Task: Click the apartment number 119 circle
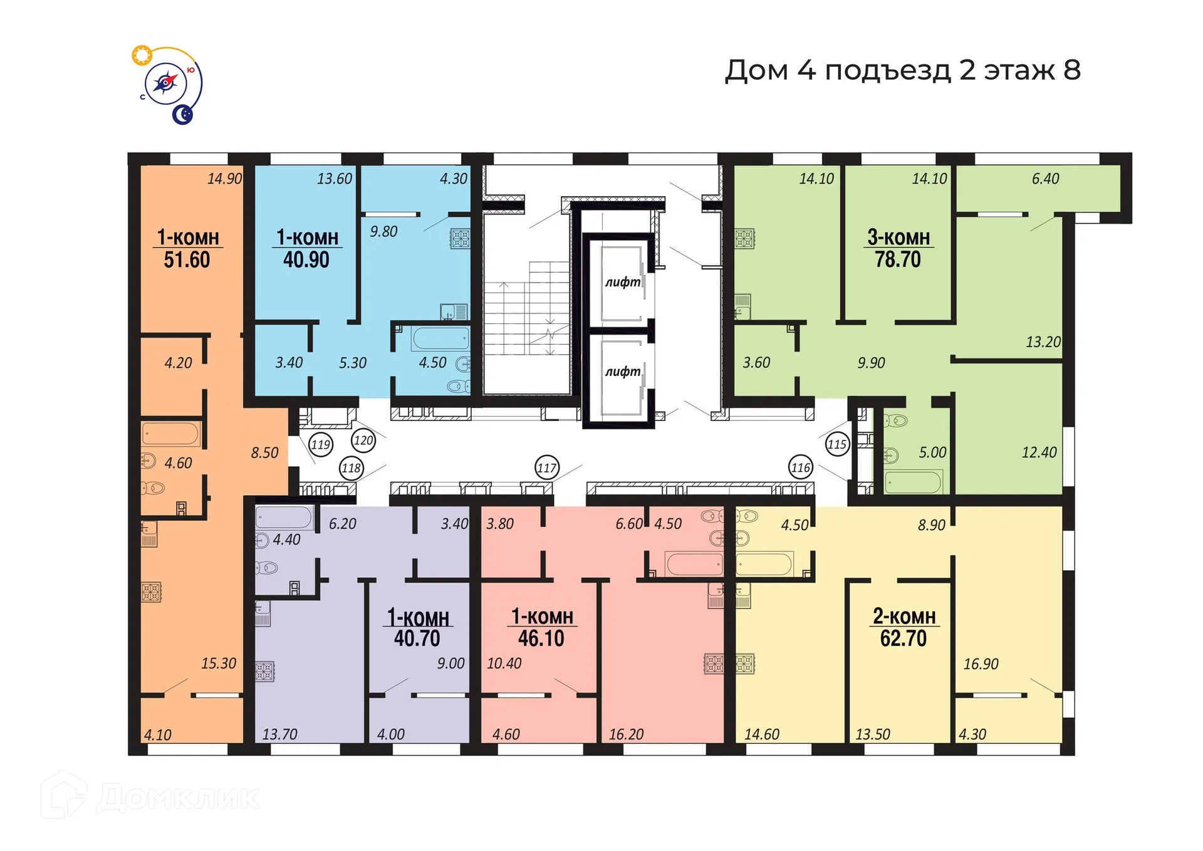[321, 445]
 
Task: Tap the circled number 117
[547, 467]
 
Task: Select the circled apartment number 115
[837, 444]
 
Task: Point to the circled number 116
[801, 467]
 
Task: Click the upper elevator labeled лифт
[622, 282]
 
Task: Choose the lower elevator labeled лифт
[622, 372]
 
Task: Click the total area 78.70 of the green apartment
[898, 259]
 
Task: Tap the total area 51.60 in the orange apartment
[187, 259]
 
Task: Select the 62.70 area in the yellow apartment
[903, 639]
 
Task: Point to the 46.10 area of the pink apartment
[541, 639]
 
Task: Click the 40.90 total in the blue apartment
[306, 259]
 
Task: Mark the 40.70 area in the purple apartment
[417, 639]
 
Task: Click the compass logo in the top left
[167, 84]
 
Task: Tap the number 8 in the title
[1072, 70]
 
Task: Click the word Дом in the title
[756, 70]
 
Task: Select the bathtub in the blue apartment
[441, 338]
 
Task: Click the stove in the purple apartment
[264, 671]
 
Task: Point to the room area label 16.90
[981, 664]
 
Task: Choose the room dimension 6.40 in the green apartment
[1045, 179]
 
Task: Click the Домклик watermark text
[178, 798]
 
